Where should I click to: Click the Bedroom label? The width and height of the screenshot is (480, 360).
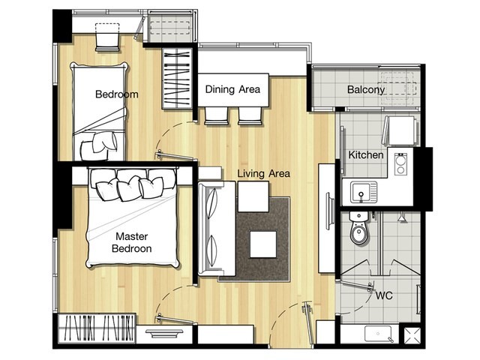click(x=117, y=94)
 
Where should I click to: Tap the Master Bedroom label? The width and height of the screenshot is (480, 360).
click(x=132, y=242)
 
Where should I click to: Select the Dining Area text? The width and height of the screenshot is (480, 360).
click(x=232, y=89)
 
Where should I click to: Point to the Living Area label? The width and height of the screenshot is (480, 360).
click(x=263, y=173)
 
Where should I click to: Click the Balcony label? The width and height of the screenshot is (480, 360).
click(x=366, y=90)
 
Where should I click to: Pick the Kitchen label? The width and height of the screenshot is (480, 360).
click(x=366, y=155)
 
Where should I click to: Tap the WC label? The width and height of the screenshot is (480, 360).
click(x=384, y=295)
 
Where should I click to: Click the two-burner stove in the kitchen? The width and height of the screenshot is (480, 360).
click(x=400, y=164)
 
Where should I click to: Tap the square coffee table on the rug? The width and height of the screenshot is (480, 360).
click(x=263, y=244)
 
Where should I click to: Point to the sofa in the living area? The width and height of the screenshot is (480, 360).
click(x=217, y=228)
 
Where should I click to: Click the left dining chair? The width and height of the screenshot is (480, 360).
click(x=217, y=116)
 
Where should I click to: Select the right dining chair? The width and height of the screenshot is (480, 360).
click(x=250, y=116)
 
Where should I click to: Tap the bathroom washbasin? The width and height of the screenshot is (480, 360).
click(x=378, y=334)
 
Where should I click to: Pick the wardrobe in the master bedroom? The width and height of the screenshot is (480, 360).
click(x=97, y=328)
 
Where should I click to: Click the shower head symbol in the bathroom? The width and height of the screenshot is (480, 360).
click(x=402, y=217)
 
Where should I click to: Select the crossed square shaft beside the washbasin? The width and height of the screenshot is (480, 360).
click(x=412, y=336)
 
